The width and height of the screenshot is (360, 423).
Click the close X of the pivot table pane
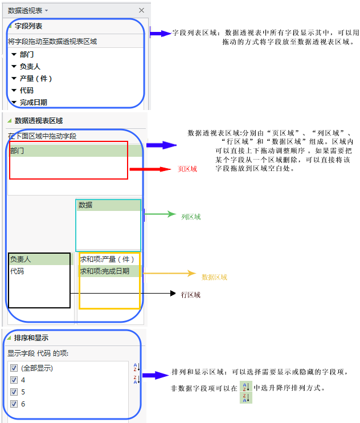(141, 10)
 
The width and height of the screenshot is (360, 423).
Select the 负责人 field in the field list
(30, 66)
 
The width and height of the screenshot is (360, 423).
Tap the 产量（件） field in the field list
(36, 79)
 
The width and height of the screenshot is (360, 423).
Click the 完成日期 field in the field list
(34, 103)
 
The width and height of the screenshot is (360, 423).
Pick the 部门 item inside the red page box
(17, 151)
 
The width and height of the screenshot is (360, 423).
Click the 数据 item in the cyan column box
(85, 205)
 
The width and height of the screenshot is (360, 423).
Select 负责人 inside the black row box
(21, 259)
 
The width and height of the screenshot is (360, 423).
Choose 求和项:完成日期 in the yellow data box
(105, 271)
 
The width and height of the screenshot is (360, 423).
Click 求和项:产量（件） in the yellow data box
(107, 259)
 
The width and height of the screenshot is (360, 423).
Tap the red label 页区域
(187, 169)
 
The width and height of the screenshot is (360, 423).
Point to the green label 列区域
(191, 217)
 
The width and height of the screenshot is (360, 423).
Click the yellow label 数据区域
(215, 277)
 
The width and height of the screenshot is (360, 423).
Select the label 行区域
(191, 295)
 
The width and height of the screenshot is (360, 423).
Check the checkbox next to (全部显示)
(14, 368)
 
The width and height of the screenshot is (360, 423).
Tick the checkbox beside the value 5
(14, 392)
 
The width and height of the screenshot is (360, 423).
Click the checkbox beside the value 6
(14, 404)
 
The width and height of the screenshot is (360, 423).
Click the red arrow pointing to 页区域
(150, 169)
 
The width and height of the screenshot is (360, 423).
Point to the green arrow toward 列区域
(160, 214)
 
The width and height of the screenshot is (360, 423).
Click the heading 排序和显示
(31, 337)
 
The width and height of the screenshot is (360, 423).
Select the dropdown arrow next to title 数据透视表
(46, 10)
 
